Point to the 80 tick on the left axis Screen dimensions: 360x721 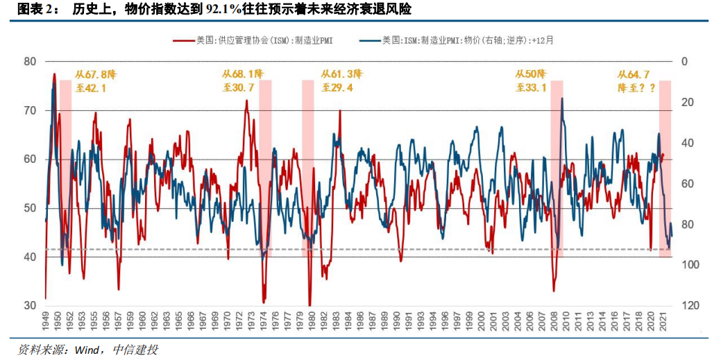(x=30, y=61)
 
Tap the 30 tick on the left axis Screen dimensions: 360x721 (x=30, y=306)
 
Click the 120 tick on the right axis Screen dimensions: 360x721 (x=689, y=306)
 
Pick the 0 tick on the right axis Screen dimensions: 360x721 (x=684, y=61)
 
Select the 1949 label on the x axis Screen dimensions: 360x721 (x=46, y=321)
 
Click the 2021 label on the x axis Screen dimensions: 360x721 (x=663, y=321)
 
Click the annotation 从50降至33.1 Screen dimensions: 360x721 (x=531, y=80)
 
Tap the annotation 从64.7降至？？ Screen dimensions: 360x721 (x=635, y=81)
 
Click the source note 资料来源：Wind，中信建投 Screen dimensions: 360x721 (x=87, y=350)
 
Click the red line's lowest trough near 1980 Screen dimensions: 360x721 (x=309, y=305)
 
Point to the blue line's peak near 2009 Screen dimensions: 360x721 (x=561, y=99)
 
